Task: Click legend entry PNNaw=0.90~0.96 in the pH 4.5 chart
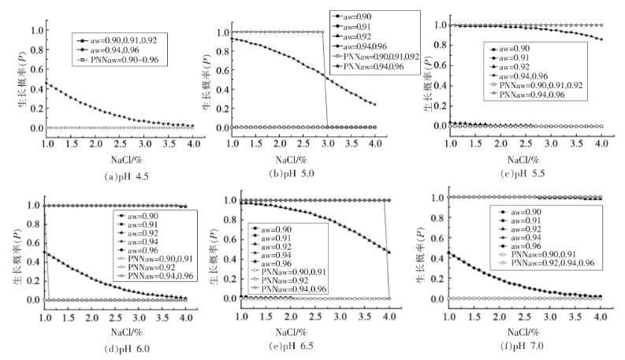coord(128,60)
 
